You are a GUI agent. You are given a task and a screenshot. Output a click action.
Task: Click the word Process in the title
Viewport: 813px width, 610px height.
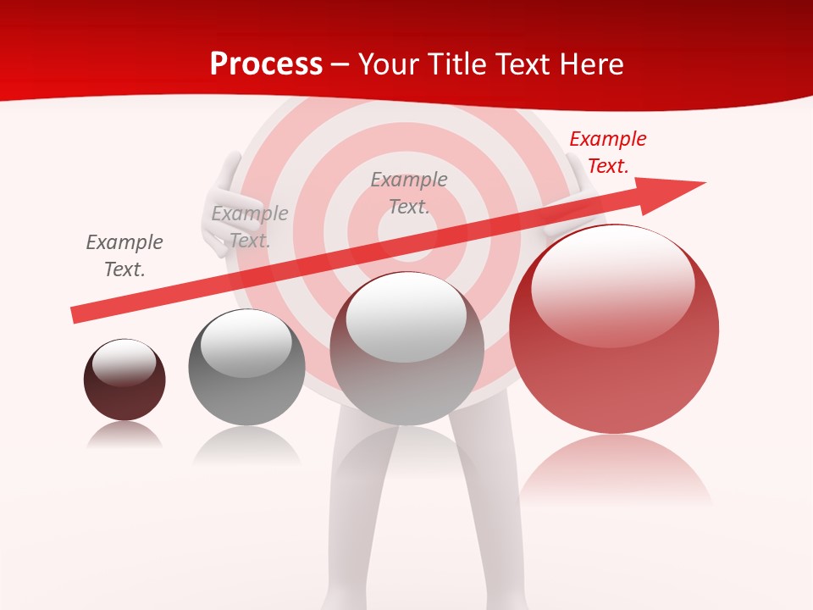(x=266, y=64)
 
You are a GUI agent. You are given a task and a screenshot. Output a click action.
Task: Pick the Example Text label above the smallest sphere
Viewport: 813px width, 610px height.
(x=124, y=256)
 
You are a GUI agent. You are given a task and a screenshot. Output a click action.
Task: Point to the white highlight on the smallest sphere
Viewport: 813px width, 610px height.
(x=124, y=362)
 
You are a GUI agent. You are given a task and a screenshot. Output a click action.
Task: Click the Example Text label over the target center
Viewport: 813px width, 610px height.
(x=409, y=193)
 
